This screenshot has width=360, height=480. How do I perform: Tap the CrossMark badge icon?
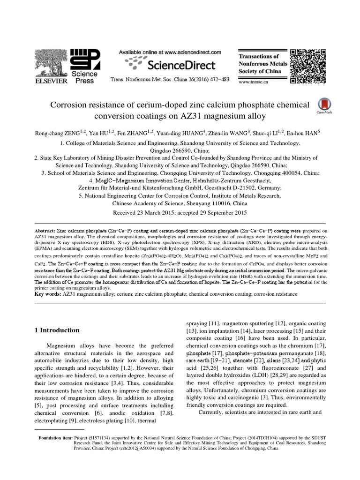pos(323,105)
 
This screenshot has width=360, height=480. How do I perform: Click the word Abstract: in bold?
pos(49,232)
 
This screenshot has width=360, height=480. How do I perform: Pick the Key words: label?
pos(49,294)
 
